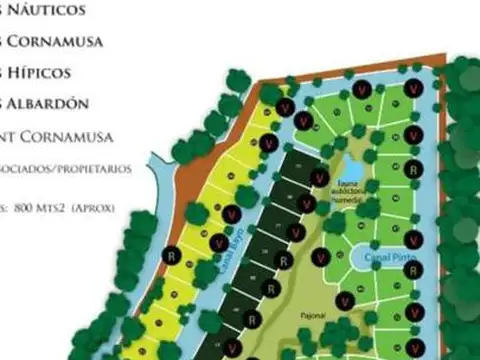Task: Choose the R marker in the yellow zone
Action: [x=172, y=255]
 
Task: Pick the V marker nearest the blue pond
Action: [x=319, y=178]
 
